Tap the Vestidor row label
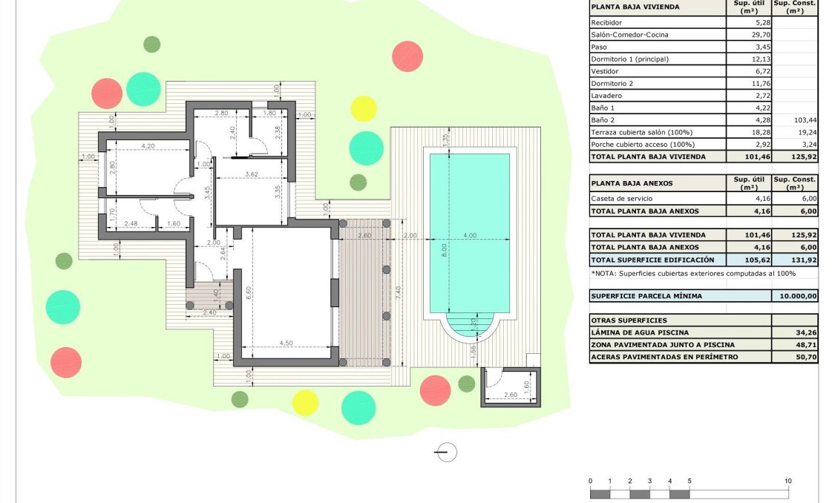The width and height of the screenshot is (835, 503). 606,71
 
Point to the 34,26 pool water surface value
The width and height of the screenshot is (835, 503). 806,332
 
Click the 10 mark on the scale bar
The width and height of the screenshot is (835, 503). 788,481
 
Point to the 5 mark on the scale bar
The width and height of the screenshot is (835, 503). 690,481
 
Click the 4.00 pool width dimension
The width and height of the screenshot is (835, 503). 470,236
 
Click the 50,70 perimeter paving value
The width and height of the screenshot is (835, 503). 806,357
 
